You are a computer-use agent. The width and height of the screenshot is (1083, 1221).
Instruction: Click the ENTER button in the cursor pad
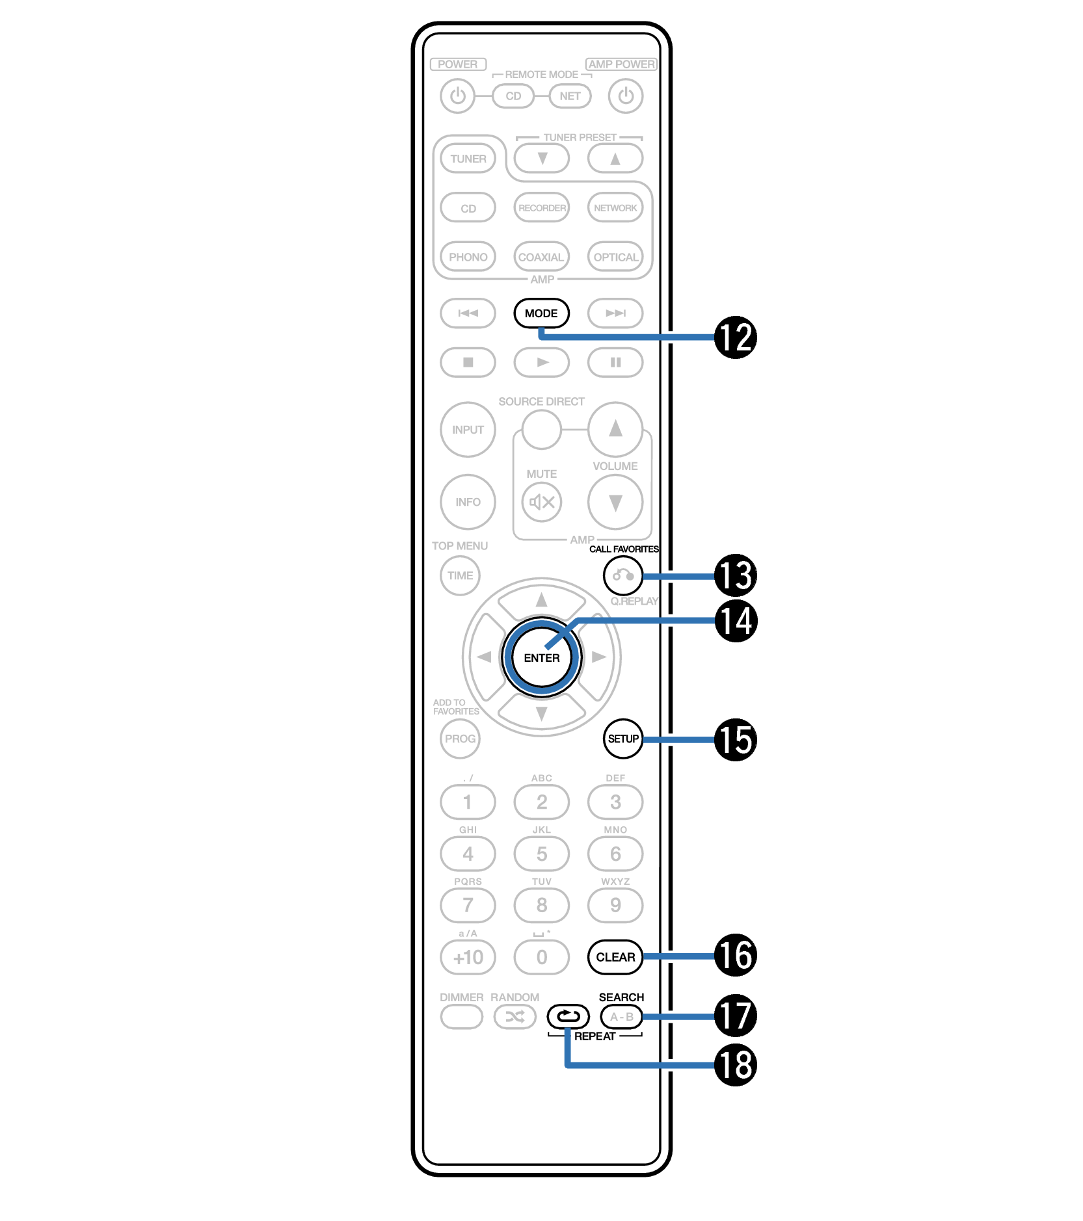(x=541, y=657)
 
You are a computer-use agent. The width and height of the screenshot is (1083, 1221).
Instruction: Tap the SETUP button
(x=622, y=739)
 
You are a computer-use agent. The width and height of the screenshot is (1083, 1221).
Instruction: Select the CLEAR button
(x=615, y=957)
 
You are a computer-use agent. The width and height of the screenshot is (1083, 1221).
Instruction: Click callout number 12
(x=735, y=337)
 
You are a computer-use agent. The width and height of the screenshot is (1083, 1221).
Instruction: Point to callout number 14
(x=735, y=621)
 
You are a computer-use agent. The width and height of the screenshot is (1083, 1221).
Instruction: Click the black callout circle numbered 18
(x=735, y=1065)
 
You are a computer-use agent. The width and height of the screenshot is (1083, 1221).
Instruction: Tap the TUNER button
(x=468, y=159)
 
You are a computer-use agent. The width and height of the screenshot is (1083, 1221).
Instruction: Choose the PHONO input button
(x=468, y=257)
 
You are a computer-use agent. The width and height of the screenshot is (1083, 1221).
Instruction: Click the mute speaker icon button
(x=541, y=502)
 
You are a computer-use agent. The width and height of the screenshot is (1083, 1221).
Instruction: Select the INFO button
(x=468, y=502)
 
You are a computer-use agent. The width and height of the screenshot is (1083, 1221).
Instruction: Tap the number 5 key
(x=541, y=854)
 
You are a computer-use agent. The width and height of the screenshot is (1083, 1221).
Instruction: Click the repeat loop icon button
(x=568, y=1016)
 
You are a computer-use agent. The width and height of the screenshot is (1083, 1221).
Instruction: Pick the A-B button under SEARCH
(x=621, y=1017)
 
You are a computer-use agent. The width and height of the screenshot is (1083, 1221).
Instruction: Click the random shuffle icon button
(x=515, y=1017)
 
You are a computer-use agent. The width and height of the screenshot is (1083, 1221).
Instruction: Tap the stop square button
(x=468, y=362)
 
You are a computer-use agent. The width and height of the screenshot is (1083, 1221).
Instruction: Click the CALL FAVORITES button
(x=622, y=575)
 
